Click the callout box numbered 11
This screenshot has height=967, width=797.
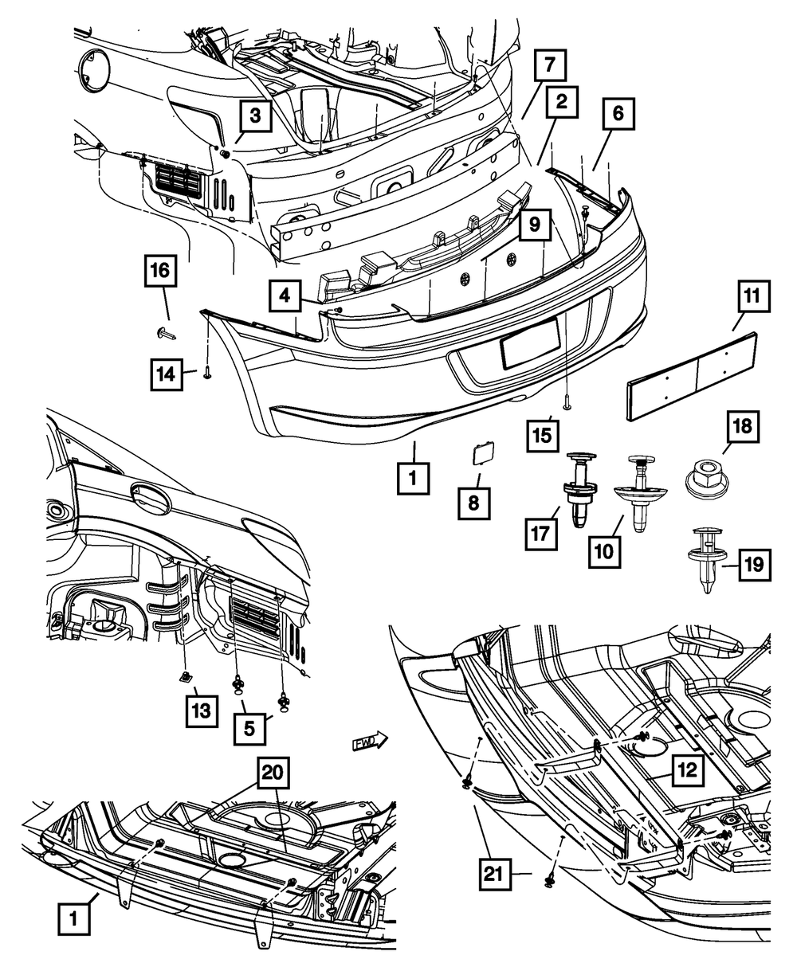(x=752, y=303)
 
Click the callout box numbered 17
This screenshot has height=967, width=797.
(x=540, y=533)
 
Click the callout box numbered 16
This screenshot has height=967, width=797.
(x=160, y=272)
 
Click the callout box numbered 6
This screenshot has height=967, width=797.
(x=618, y=117)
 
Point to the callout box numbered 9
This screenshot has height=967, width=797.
(x=533, y=226)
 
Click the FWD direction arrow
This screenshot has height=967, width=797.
(x=369, y=742)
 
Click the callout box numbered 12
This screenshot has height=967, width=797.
(x=686, y=770)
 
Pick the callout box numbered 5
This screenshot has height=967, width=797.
(x=252, y=727)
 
